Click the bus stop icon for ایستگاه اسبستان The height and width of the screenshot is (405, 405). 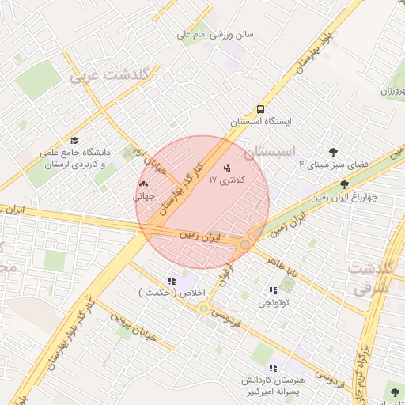pyautogui.click(x=260, y=110)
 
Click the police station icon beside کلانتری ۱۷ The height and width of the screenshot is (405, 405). pyautogui.click(x=229, y=168)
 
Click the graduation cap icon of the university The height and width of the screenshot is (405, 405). pyautogui.click(x=74, y=139)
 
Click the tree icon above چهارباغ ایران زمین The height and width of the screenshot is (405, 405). pyautogui.click(x=343, y=184)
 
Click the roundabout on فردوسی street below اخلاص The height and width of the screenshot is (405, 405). pyautogui.click(x=204, y=308)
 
